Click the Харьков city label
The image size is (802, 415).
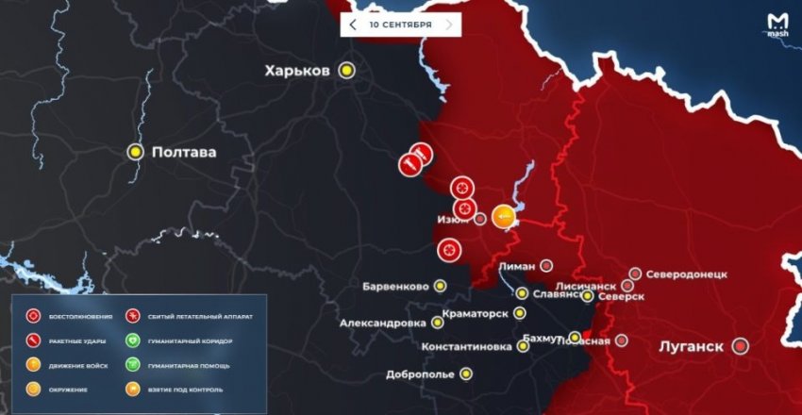coord(297,71)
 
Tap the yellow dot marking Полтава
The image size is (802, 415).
coord(136,151)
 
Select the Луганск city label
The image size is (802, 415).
coord(691,346)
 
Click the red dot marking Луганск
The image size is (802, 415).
coord(741,346)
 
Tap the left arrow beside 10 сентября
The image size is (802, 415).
coord(353,24)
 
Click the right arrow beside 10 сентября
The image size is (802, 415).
coord(449,24)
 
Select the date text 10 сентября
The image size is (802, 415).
coord(400,24)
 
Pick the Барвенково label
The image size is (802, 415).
coord(395,286)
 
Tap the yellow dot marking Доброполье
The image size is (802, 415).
coord(466,373)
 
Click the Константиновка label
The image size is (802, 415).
coord(467,346)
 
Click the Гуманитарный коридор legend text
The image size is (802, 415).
coord(189,340)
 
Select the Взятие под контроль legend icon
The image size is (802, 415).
coord(133,389)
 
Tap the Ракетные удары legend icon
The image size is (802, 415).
coord(33,340)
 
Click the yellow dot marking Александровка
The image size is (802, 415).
coord(438,323)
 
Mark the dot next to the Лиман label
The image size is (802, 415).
coord(546,265)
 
